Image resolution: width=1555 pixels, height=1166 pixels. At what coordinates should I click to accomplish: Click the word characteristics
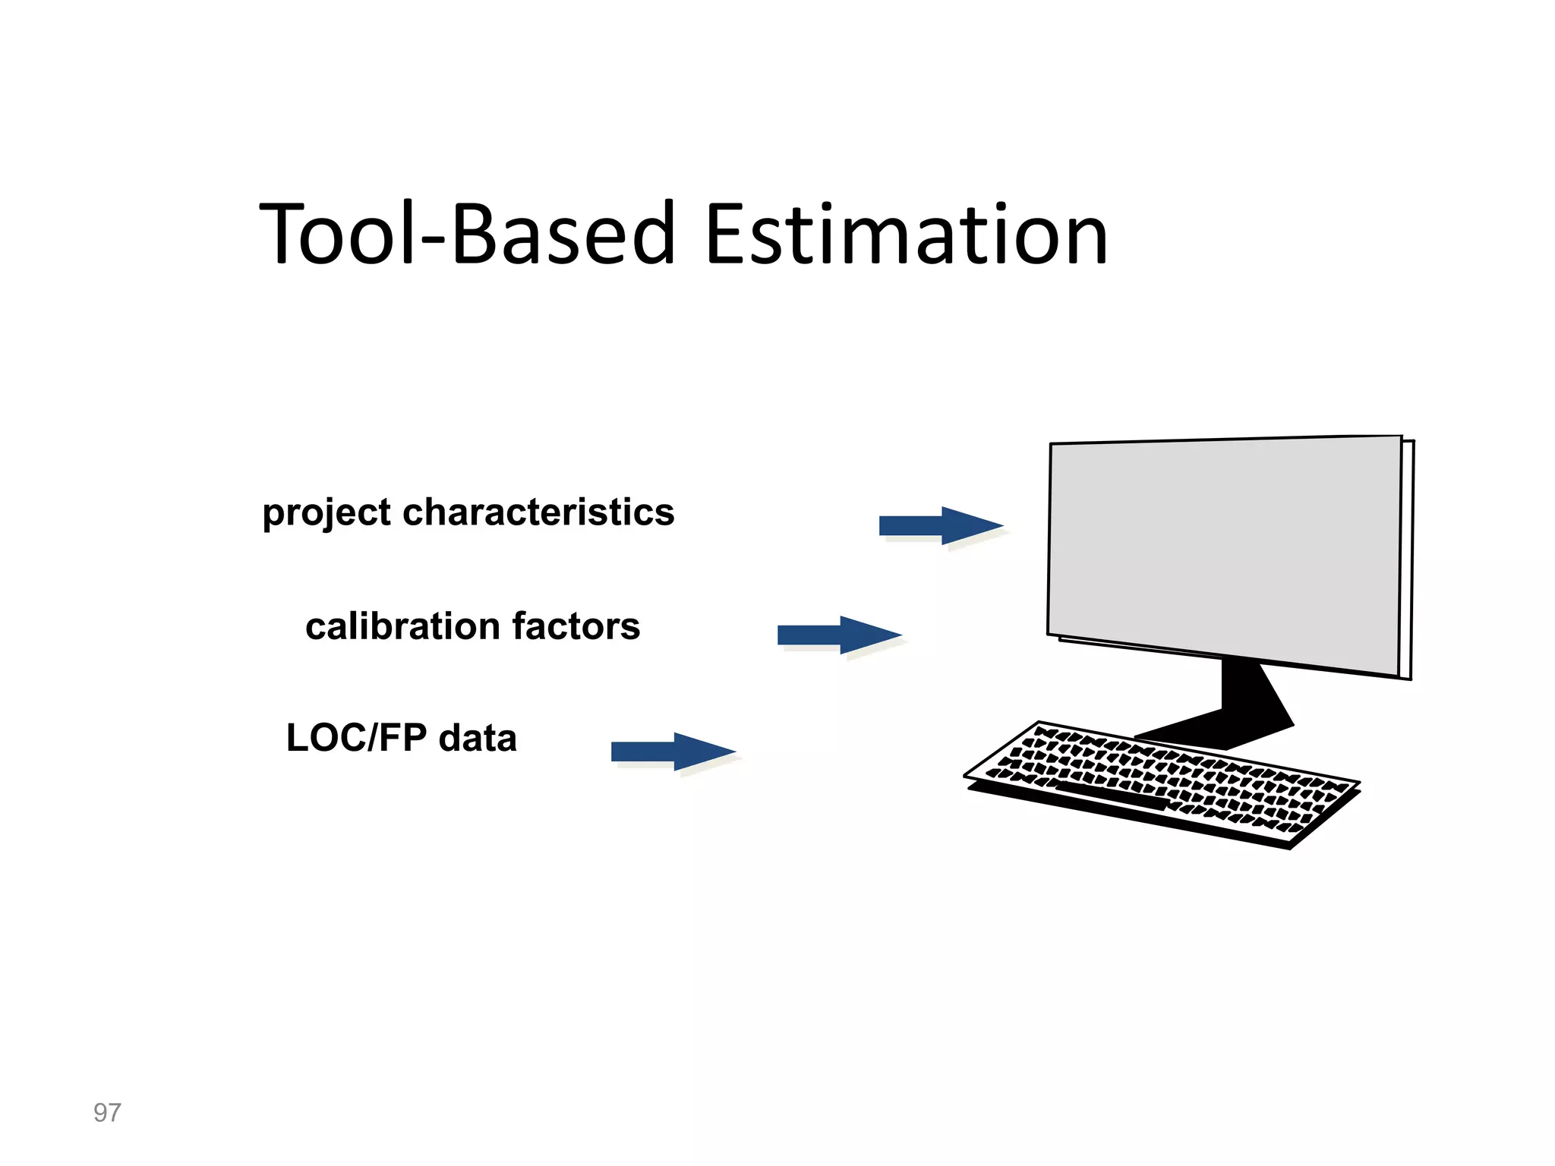pyautogui.click(x=538, y=512)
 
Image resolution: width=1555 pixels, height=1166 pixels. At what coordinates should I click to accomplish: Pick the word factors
pyautogui.click(x=576, y=627)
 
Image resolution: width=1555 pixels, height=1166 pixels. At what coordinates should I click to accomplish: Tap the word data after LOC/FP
pyautogui.click(x=478, y=738)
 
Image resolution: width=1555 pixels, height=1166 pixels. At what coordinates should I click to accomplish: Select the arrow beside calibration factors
pyautogui.click(x=838, y=635)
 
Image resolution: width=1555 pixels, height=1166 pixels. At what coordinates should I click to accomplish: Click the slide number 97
pyautogui.click(x=107, y=1113)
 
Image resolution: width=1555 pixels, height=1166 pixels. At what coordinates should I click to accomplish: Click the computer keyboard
pyautogui.click(x=1162, y=782)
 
